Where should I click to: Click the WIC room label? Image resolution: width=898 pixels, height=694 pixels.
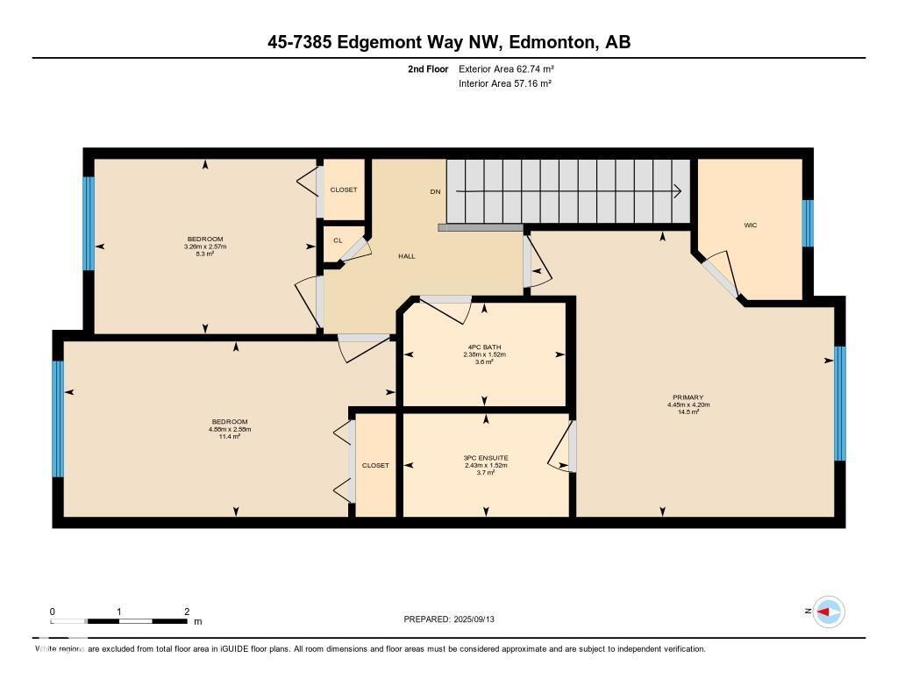coord(750,225)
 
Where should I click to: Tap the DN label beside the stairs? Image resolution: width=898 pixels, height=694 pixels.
coord(435,191)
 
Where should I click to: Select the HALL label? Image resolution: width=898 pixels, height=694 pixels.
coord(407,256)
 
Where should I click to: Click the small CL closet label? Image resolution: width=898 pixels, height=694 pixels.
coord(338,240)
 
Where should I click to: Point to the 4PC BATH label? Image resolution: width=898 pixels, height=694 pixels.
coord(485,347)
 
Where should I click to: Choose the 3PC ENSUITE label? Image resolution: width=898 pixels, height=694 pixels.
coord(486,457)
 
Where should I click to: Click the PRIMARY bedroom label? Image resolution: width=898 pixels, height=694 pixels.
coord(688,397)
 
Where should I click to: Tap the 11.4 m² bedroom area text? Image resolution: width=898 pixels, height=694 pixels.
coord(230,436)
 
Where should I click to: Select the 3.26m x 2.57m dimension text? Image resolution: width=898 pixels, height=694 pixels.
coord(205,247)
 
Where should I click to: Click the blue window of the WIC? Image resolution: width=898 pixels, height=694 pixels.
coord(808,224)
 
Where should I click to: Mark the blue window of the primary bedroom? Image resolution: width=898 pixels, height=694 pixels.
coord(839,404)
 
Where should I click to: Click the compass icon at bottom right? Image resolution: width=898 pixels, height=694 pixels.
coord(828,612)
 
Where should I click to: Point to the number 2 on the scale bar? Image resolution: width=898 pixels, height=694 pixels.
coord(187,612)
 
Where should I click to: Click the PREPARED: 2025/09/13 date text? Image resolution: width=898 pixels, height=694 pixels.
coord(454,619)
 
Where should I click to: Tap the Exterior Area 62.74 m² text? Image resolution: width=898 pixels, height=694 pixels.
coord(507,68)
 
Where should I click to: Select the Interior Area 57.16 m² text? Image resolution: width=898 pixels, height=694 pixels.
coord(505,84)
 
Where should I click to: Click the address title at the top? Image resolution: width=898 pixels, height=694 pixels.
coord(449,41)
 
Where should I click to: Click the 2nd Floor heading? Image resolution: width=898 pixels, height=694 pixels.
coord(428,68)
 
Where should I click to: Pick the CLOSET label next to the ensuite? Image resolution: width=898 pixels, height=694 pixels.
coord(375,465)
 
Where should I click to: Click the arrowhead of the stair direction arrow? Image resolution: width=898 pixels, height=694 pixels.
coord(680,191)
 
